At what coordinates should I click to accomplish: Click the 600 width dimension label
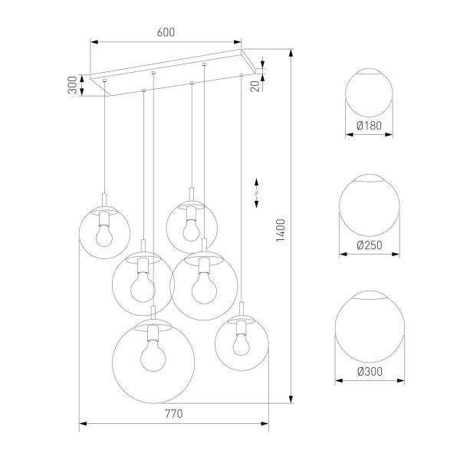tap(166, 32)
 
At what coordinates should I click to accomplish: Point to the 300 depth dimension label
tap(72, 85)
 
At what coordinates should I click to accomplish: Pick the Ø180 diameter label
tap(369, 126)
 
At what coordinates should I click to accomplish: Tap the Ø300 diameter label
tap(369, 372)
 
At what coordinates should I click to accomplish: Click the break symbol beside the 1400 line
tap(257, 192)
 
